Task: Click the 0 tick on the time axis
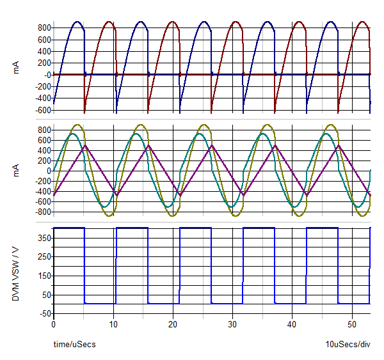(x=54, y=324)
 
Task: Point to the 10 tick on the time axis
(x=113, y=324)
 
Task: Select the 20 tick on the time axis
(x=173, y=324)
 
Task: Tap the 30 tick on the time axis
(x=232, y=324)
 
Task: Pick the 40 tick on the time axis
(x=292, y=324)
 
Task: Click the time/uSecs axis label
(x=74, y=345)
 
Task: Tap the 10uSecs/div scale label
(x=348, y=345)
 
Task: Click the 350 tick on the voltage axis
(x=44, y=237)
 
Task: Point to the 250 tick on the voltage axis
(x=44, y=256)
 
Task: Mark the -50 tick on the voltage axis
(x=44, y=313)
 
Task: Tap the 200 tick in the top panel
(x=44, y=63)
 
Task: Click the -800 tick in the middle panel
(x=42, y=212)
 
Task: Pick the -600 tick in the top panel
(x=42, y=110)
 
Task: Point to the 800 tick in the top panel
(x=44, y=27)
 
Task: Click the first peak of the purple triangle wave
(x=86, y=146)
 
